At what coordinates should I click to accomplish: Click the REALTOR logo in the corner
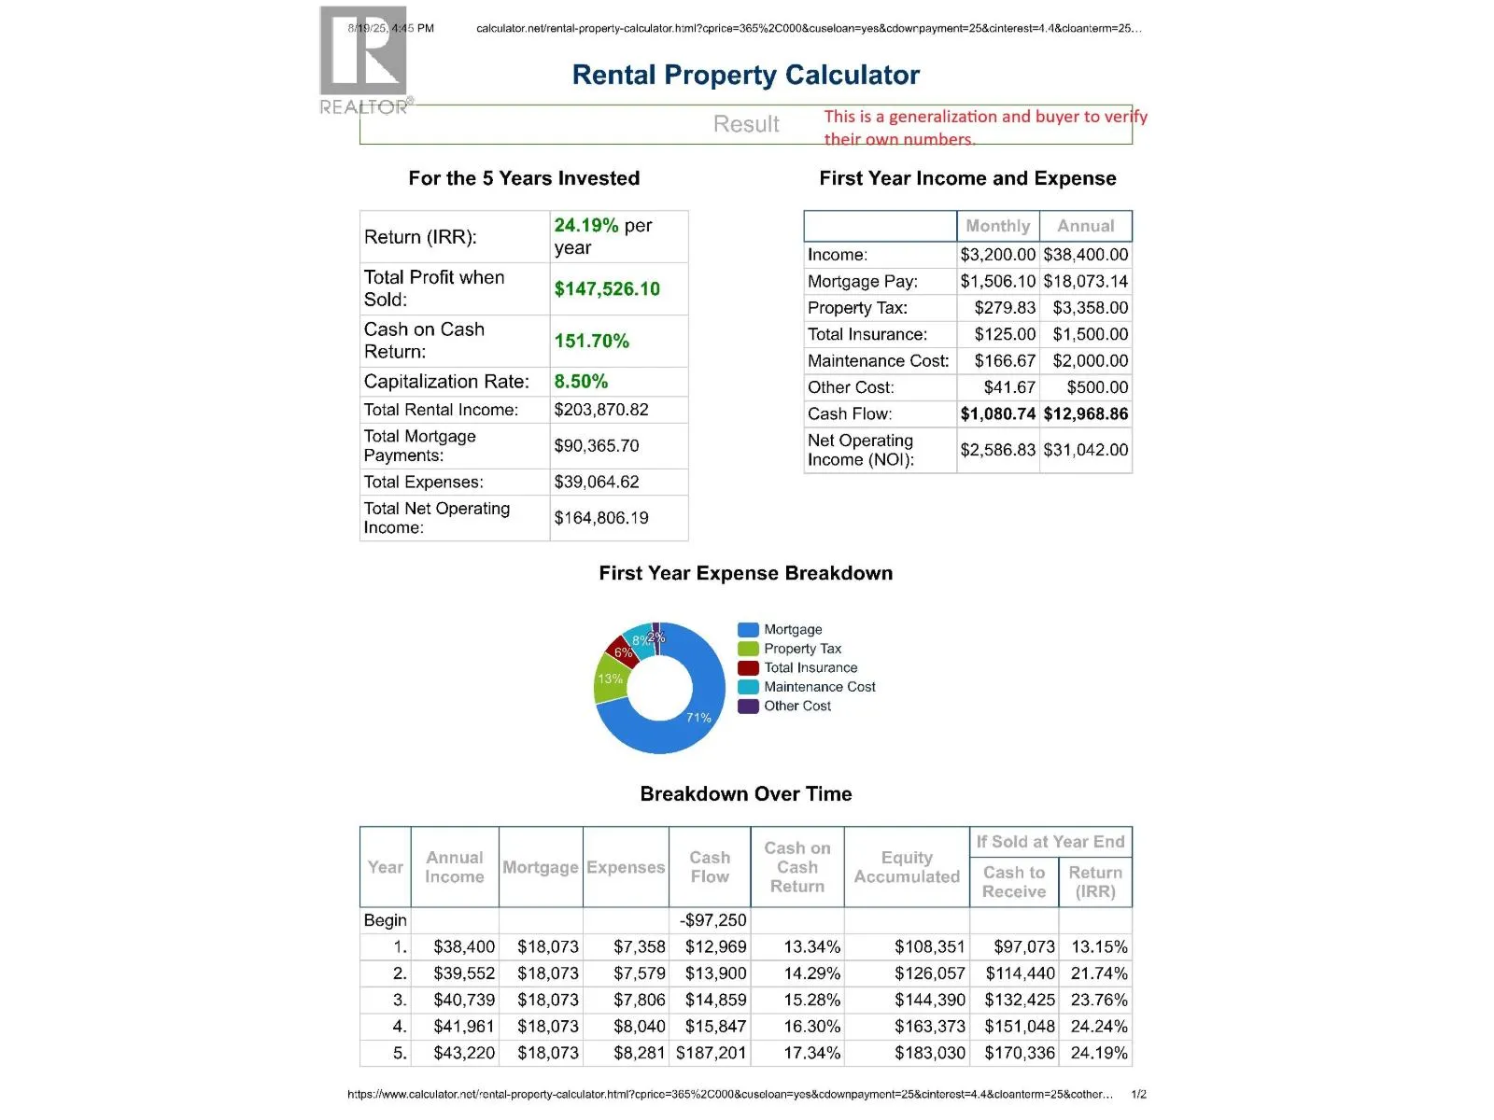pyautogui.click(x=364, y=61)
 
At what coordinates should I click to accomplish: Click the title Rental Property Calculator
pyautogui.click(x=745, y=75)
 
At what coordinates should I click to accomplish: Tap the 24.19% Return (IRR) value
pyautogui.click(x=585, y=226)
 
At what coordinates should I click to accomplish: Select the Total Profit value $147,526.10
pyautogui.click(x=607, y=289)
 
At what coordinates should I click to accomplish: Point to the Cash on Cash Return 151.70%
pyautogui.click(x=591, y=342)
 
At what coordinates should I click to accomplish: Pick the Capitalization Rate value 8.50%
pyautogui.click(x=581, y=382)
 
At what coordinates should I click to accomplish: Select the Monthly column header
pyautogui.click(x=997, y=226)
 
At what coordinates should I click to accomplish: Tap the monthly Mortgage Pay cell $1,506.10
pyautogui.click(x=997, y=282)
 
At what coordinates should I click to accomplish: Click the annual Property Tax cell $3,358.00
pyautogui.click(x=1090, y=308)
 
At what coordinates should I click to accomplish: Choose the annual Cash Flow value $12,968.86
pyautogui.click(x=1085, y=414)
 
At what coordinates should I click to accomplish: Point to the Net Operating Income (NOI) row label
pyautogui.click(x=861, y=450)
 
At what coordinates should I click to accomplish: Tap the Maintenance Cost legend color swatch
pyautogui.click(x=748, y=687)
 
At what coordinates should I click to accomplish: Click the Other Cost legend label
pyautogui.click(x=797, y=707)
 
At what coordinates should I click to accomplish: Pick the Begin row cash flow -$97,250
pyautogui.click(x=713, y=921)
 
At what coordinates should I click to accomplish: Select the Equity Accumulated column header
pyautogui.click(x=907, y=867)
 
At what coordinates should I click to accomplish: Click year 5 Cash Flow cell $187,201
pyautogui.click(x=712, y=1054)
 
